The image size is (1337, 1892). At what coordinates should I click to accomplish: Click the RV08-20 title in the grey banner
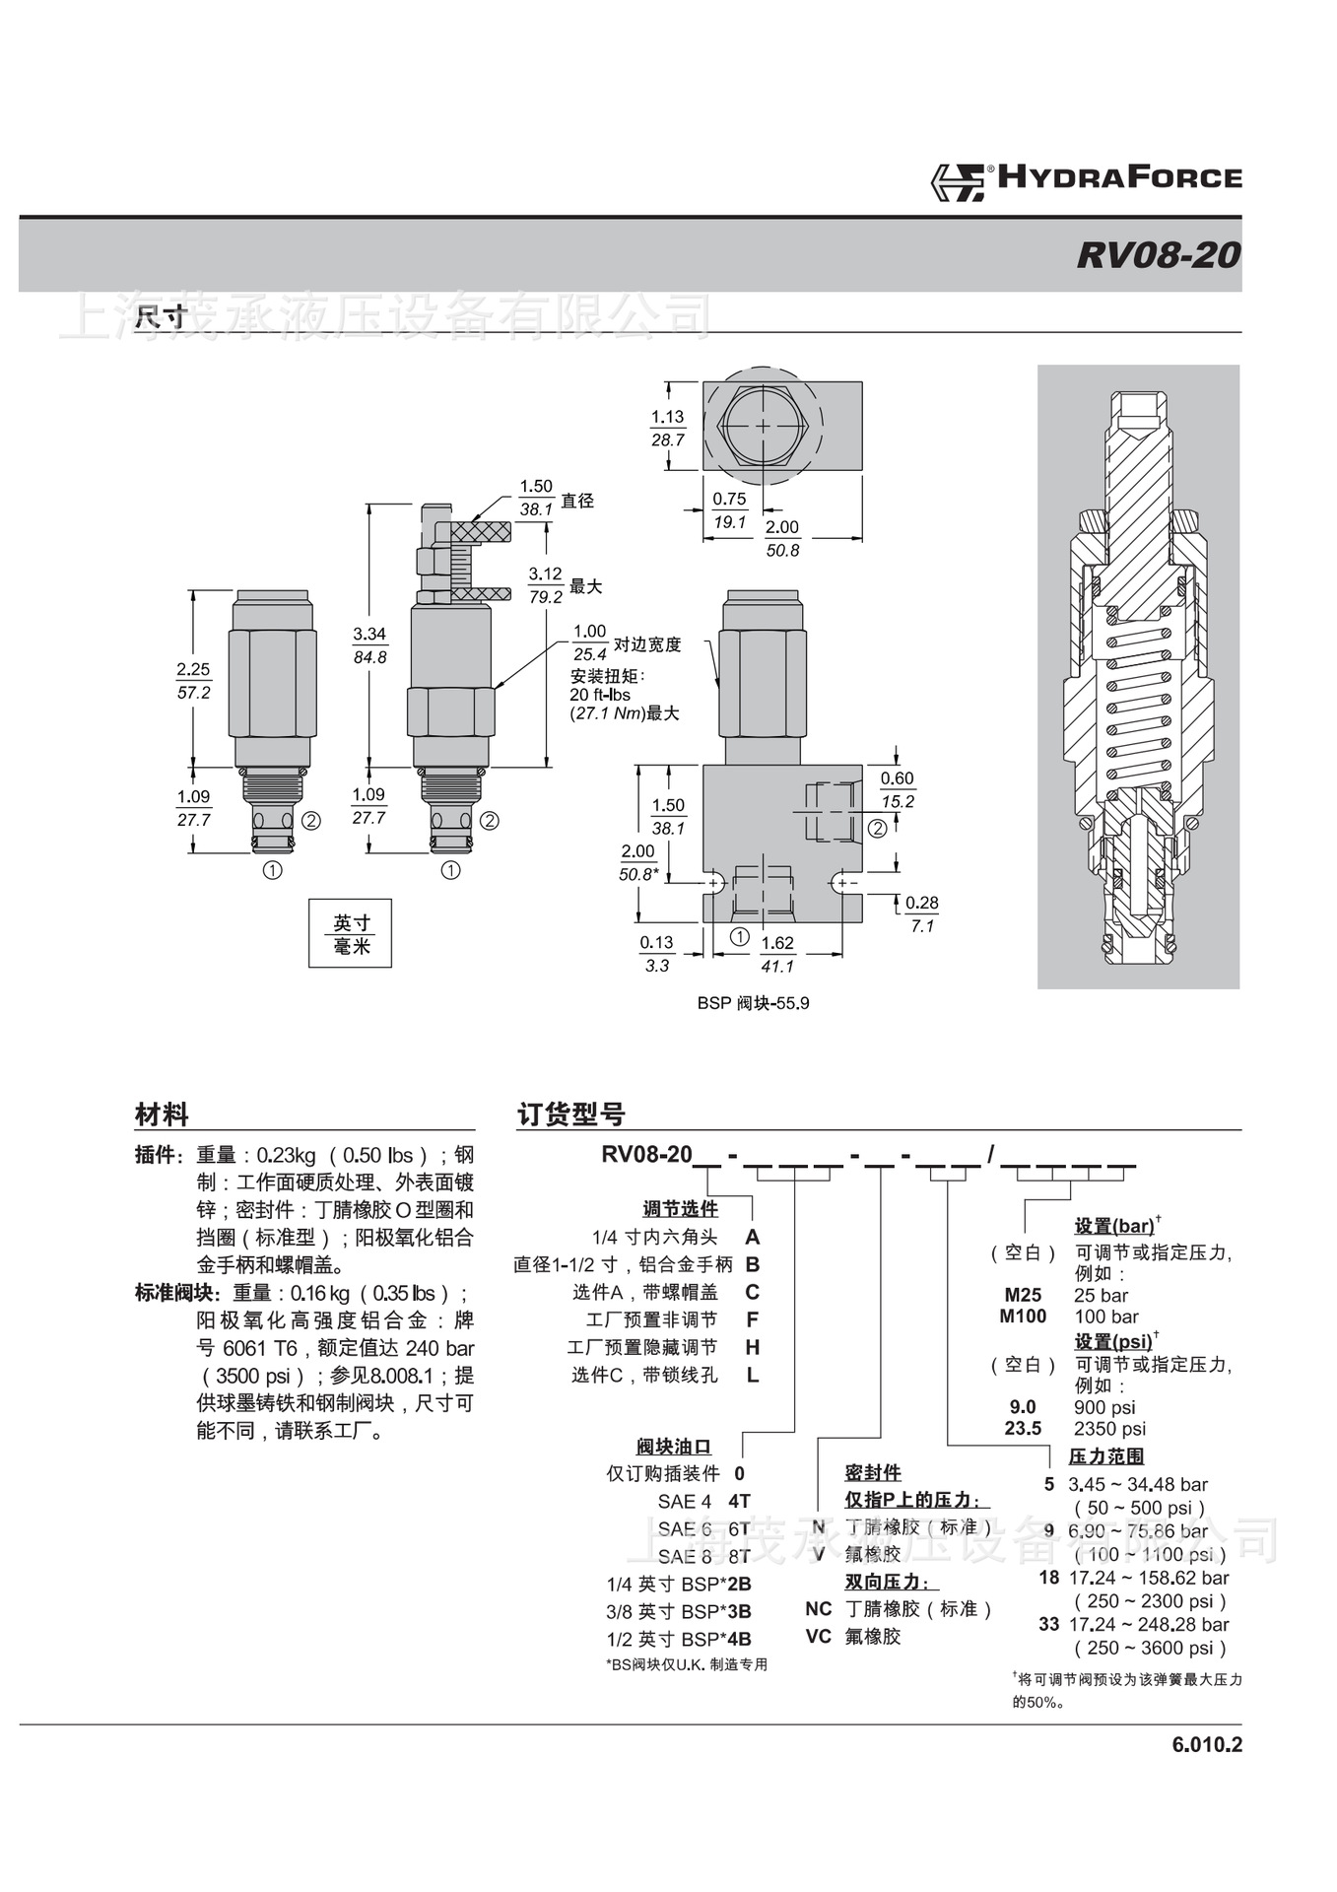[1158, 255]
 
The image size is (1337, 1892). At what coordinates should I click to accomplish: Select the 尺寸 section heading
[161, 317]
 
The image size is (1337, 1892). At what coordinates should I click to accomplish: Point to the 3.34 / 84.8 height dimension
[369, 645]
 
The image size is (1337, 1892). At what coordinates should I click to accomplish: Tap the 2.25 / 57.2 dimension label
[193, 681]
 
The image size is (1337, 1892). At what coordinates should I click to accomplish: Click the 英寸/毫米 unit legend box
[351, 934]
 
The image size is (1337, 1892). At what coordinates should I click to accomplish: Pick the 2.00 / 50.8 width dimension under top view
[782, 538]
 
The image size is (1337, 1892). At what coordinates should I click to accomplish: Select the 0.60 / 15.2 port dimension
[897, 789]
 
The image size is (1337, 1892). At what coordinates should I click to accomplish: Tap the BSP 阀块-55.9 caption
[753, 1003]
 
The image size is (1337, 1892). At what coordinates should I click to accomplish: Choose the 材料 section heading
[162, 1115]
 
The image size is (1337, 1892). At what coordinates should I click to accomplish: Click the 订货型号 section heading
[571, 1115]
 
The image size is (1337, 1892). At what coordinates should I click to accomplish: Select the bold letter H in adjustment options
[753, 1347]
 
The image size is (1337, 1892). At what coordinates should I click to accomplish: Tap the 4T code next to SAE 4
[739, 1501]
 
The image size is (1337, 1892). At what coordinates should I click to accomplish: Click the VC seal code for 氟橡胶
[818, 1636]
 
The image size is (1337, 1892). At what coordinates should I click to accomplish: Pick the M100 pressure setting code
[1023, 1317]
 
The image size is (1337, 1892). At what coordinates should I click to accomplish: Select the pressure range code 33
[1048, 1624]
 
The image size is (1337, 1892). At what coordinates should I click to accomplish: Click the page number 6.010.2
[1207, 1745]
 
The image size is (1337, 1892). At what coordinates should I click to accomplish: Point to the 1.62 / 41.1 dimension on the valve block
[777, 954]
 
